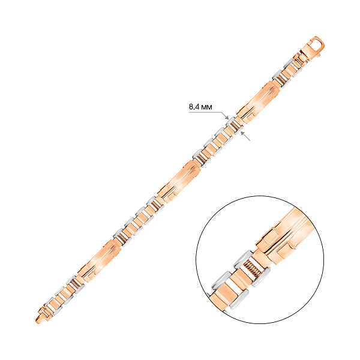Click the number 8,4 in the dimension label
pos(193,107)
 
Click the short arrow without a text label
pos(245,136)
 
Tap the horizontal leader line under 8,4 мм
pos(205,112)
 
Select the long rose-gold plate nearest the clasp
pos(259,102)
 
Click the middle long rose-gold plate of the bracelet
pos(179,181)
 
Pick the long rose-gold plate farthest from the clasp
pos(100,261)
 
